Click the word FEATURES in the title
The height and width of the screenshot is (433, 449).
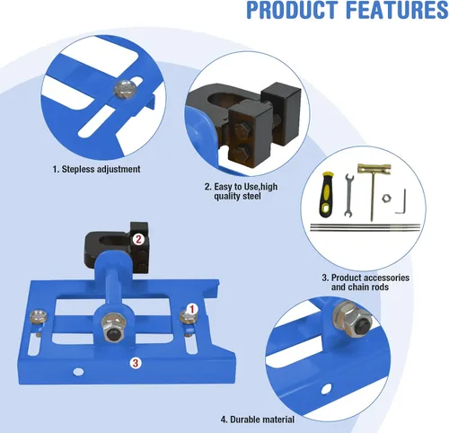397,10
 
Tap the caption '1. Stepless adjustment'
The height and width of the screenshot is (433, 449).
96,169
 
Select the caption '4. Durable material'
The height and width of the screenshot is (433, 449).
258,420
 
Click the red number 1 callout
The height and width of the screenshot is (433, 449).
192,309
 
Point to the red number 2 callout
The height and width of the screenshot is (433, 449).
138,239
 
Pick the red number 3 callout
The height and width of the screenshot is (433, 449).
136,363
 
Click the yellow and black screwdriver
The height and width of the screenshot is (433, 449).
325,194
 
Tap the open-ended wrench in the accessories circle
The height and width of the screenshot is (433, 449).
348,195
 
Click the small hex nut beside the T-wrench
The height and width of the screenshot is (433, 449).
386,198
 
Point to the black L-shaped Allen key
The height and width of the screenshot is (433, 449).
401,201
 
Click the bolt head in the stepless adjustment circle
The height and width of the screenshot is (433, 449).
126,88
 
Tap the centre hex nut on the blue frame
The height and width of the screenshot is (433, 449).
113,325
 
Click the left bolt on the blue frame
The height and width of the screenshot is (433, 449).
38,318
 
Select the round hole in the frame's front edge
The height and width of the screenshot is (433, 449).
78,372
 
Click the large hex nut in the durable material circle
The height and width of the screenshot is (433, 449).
352,317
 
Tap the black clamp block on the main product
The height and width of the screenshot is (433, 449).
117,247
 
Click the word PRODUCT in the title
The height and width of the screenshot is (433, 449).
293,10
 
